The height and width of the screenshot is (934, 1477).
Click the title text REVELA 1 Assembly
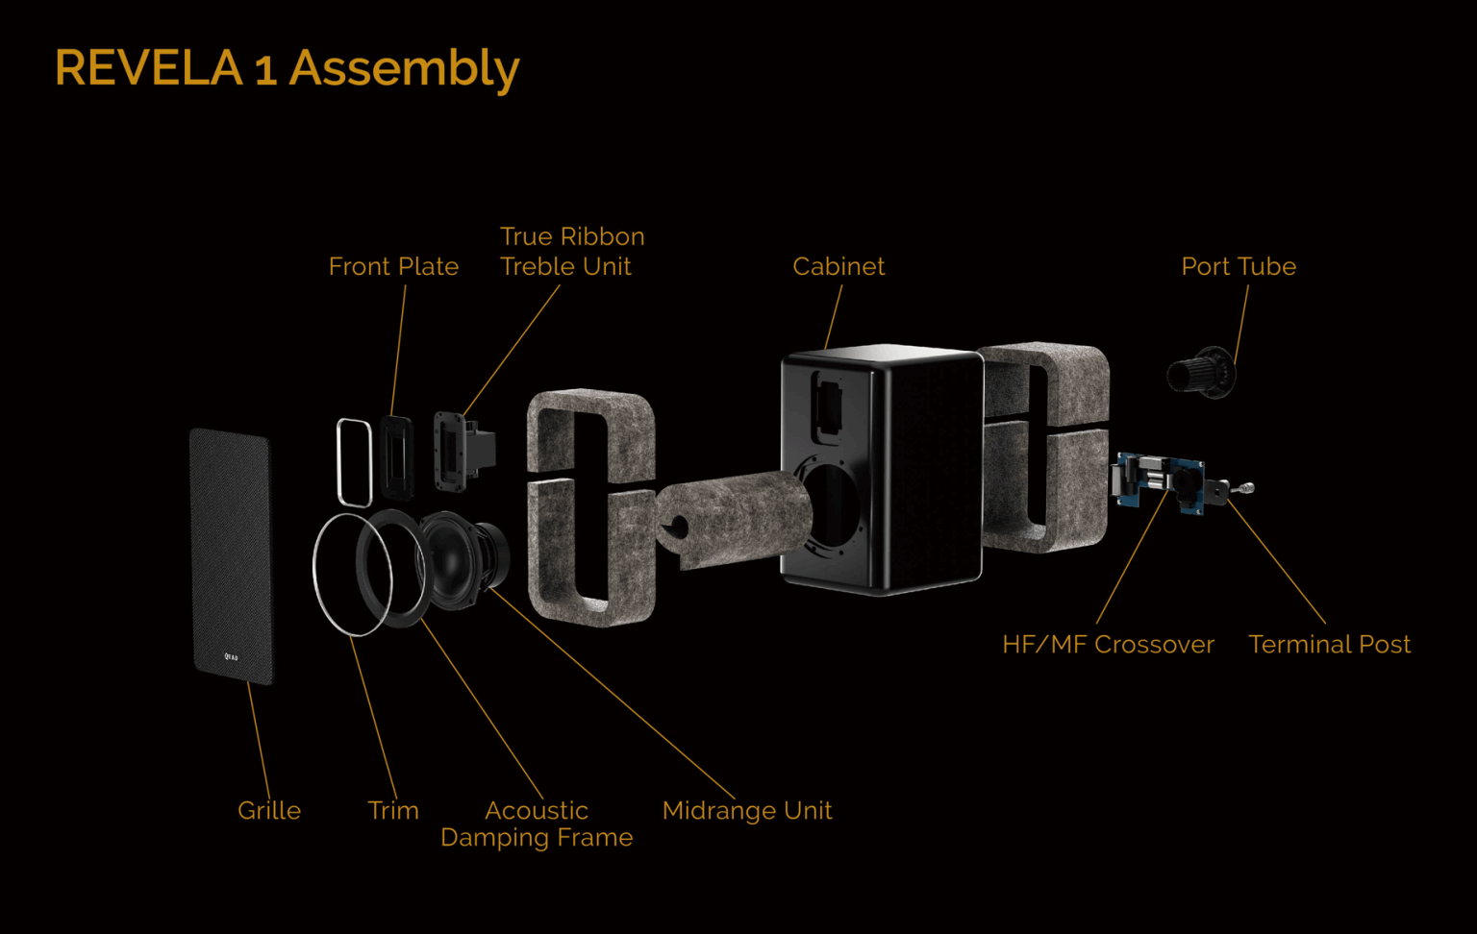point(288,68)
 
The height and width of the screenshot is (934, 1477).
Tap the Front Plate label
point(393,267)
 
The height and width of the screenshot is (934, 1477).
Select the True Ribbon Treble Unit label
point(572,252)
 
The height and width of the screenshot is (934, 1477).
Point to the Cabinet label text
point(839,267)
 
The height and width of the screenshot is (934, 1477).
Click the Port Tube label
point(1239,267)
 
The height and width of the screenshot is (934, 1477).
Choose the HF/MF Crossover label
point(1109,644)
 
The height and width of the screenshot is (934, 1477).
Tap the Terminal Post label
point(1330,644)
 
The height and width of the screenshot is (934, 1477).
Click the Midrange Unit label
point(747,811)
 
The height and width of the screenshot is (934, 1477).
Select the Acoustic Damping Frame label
point(537,824)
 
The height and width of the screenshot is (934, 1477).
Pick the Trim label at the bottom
point(393,811)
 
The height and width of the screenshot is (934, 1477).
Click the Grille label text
point(269,811)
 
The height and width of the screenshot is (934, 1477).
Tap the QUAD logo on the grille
point(232,656)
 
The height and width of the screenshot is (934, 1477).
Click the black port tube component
point(1201,373)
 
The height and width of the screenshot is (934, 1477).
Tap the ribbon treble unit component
point(464,452)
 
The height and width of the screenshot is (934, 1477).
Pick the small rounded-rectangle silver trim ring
point(354,463)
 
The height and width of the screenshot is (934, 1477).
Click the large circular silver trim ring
point(353,575)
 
